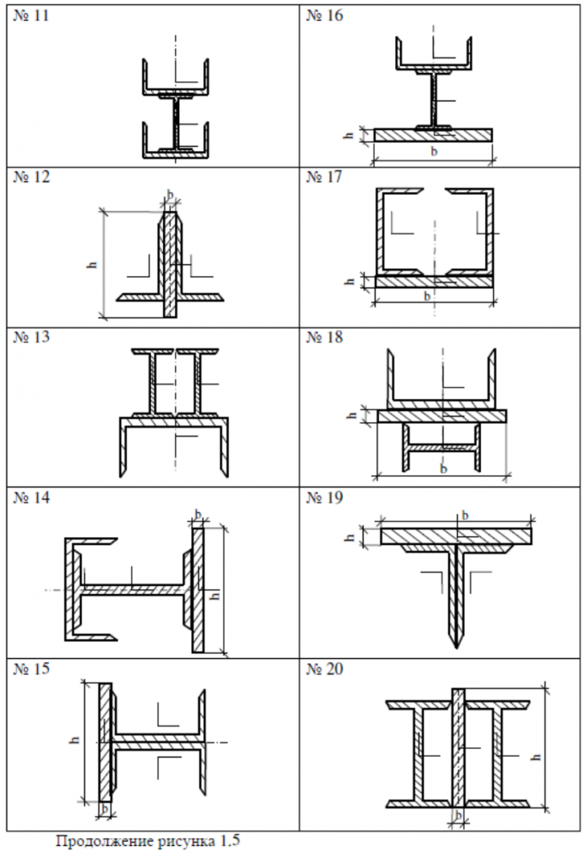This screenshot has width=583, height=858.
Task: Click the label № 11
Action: click(x=31, y=15)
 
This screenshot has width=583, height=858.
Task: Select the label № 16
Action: click(x=324, y=15)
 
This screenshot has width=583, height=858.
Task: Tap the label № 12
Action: click(x=31, y=177)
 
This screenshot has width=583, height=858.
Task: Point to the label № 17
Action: click(x=324, y=177)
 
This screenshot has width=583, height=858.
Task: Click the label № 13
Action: click(x=31, y=337)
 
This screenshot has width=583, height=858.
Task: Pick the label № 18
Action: click(x=324, y=337)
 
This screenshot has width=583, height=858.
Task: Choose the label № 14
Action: click(x=31, y=498)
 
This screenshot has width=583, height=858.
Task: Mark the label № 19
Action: click(x=324, y=498)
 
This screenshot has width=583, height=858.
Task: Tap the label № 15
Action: click(x=31, y=668)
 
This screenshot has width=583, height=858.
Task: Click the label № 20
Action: click(x=324, y=668)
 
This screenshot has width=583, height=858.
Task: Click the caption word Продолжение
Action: click(x=106, y=841)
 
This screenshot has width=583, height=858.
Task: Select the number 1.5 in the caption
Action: click(x=229, y=840)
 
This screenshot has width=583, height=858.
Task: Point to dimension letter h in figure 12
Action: click(x=93, y=263)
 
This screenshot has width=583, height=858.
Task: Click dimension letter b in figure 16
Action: click(x=434, y=151)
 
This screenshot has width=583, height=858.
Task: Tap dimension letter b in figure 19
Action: click(x=465, y=515)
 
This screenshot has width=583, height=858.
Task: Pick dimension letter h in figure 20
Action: click(x=537, y=757)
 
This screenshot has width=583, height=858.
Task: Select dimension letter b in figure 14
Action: click(x=199, y=514)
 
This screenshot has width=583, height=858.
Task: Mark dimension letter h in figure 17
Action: click(x=351, y=281)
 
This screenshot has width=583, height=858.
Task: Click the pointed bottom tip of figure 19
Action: click(x=456, y=649)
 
